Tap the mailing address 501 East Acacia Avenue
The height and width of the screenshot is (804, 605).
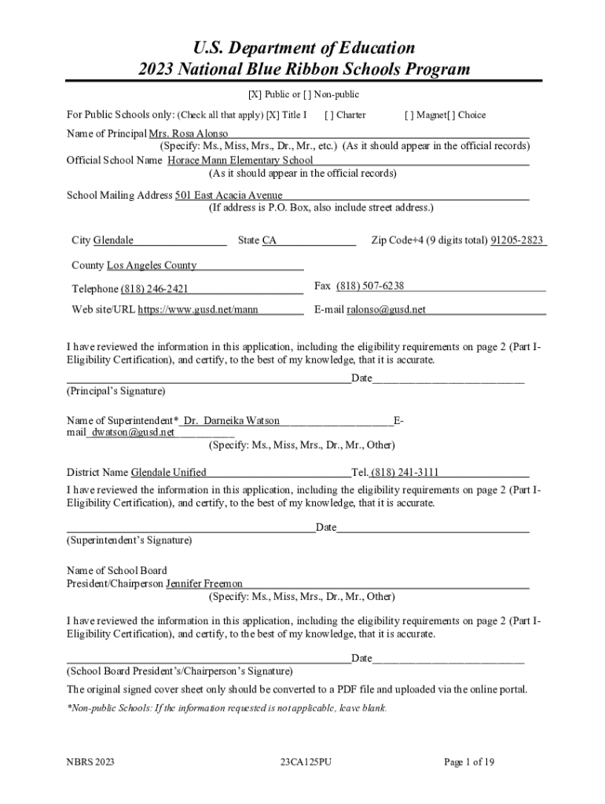point(229,195)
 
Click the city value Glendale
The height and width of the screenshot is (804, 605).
point(113,240)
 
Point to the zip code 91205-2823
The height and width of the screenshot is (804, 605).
point(517,240)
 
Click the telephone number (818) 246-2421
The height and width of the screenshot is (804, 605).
point(154,289)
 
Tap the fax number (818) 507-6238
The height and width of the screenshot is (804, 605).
point(370,286)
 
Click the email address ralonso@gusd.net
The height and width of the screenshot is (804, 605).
point(387,309)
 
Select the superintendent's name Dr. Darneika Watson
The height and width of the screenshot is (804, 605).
point(231,421)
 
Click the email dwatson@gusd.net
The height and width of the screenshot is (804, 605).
point(133,432)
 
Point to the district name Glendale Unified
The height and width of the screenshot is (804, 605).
point(168,472)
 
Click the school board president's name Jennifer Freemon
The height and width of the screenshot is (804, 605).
point(204,583)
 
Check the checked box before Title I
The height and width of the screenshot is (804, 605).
point(273,115)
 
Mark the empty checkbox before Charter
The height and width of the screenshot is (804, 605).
point(328,115)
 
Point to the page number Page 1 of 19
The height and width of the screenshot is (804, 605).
point(468,762)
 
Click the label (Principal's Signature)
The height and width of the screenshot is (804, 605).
point(115,390)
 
